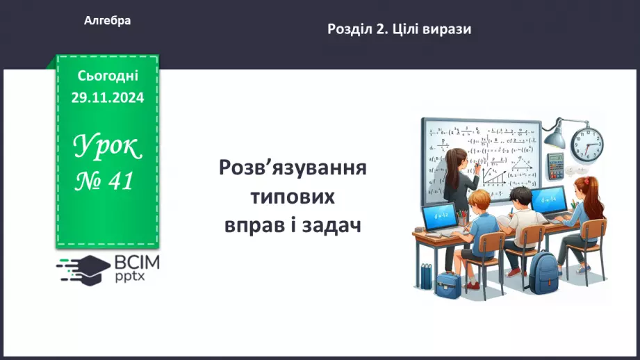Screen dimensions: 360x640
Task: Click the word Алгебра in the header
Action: pyautogui.click(x=107, y=21)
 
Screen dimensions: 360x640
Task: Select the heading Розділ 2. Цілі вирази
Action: pyautogui.click(x=399, y=29)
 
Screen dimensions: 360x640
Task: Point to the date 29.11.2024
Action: pyautogui.click(x=108, y=98)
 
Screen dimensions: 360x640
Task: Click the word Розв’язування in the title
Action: pyautogui.click(x=293, y=170)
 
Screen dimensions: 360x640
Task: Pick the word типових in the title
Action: pyautogui.click(x=293, y=197)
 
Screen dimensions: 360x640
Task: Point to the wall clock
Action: pyautogui.click(x=587, y=143)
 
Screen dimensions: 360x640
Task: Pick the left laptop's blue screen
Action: pyautogui.click(x=439, y=215)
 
